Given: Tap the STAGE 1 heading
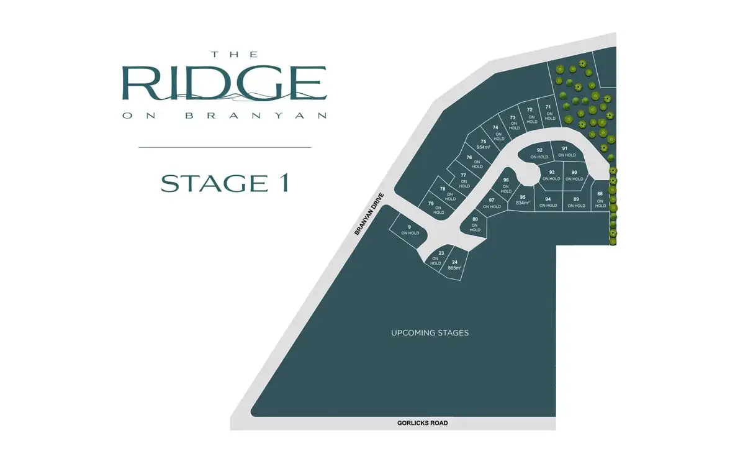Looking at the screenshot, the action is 224,183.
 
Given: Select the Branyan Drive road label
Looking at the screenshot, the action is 370,214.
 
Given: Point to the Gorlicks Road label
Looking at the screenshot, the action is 422,423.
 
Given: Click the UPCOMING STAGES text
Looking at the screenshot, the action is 430,333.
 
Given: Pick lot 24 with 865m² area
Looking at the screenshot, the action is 454,265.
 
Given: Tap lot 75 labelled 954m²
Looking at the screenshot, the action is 484,144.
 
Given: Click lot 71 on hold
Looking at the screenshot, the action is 549,112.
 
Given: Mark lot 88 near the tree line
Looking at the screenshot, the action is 600,199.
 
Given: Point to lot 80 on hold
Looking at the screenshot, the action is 475,224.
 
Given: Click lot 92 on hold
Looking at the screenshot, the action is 539,153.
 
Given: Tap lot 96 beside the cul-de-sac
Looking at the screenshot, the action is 506,185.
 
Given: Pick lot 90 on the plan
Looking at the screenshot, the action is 574,175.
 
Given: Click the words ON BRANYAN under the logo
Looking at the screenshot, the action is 224,115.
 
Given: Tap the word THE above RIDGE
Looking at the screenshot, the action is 224,54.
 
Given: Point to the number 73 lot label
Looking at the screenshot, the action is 513,117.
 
